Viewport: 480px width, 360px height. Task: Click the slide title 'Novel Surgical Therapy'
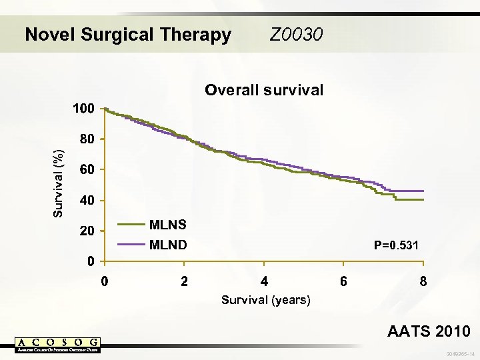[x=127, y=34]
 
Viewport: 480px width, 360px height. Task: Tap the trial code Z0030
[x=297, y=33]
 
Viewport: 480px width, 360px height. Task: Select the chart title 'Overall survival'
[x=264, y=90]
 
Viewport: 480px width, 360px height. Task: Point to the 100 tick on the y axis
[x=83, y=108]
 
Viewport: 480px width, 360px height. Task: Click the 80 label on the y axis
[x=87, y=139]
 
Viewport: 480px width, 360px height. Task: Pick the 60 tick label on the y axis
[x=87, y=170]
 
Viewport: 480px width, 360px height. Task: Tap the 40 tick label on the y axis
[x=87, y=201]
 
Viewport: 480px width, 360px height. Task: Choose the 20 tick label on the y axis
[x=87, y=231]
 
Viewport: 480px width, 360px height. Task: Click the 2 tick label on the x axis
[x=185, y=281]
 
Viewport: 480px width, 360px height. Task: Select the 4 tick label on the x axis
[x=264, y=281]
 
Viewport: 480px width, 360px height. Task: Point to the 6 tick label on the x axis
[x=343, y=281]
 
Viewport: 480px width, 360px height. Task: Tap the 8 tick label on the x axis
[x=423, y=281]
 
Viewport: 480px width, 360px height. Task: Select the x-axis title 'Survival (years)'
[x=266, y=300]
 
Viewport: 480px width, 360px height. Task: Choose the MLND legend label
[x=168, y=245]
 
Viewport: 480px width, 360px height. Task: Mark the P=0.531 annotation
[x=396, y=245]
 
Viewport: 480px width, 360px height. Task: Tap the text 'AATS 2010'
[x=430, y=331]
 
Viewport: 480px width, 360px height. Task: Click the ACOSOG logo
[x=58, y=345]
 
